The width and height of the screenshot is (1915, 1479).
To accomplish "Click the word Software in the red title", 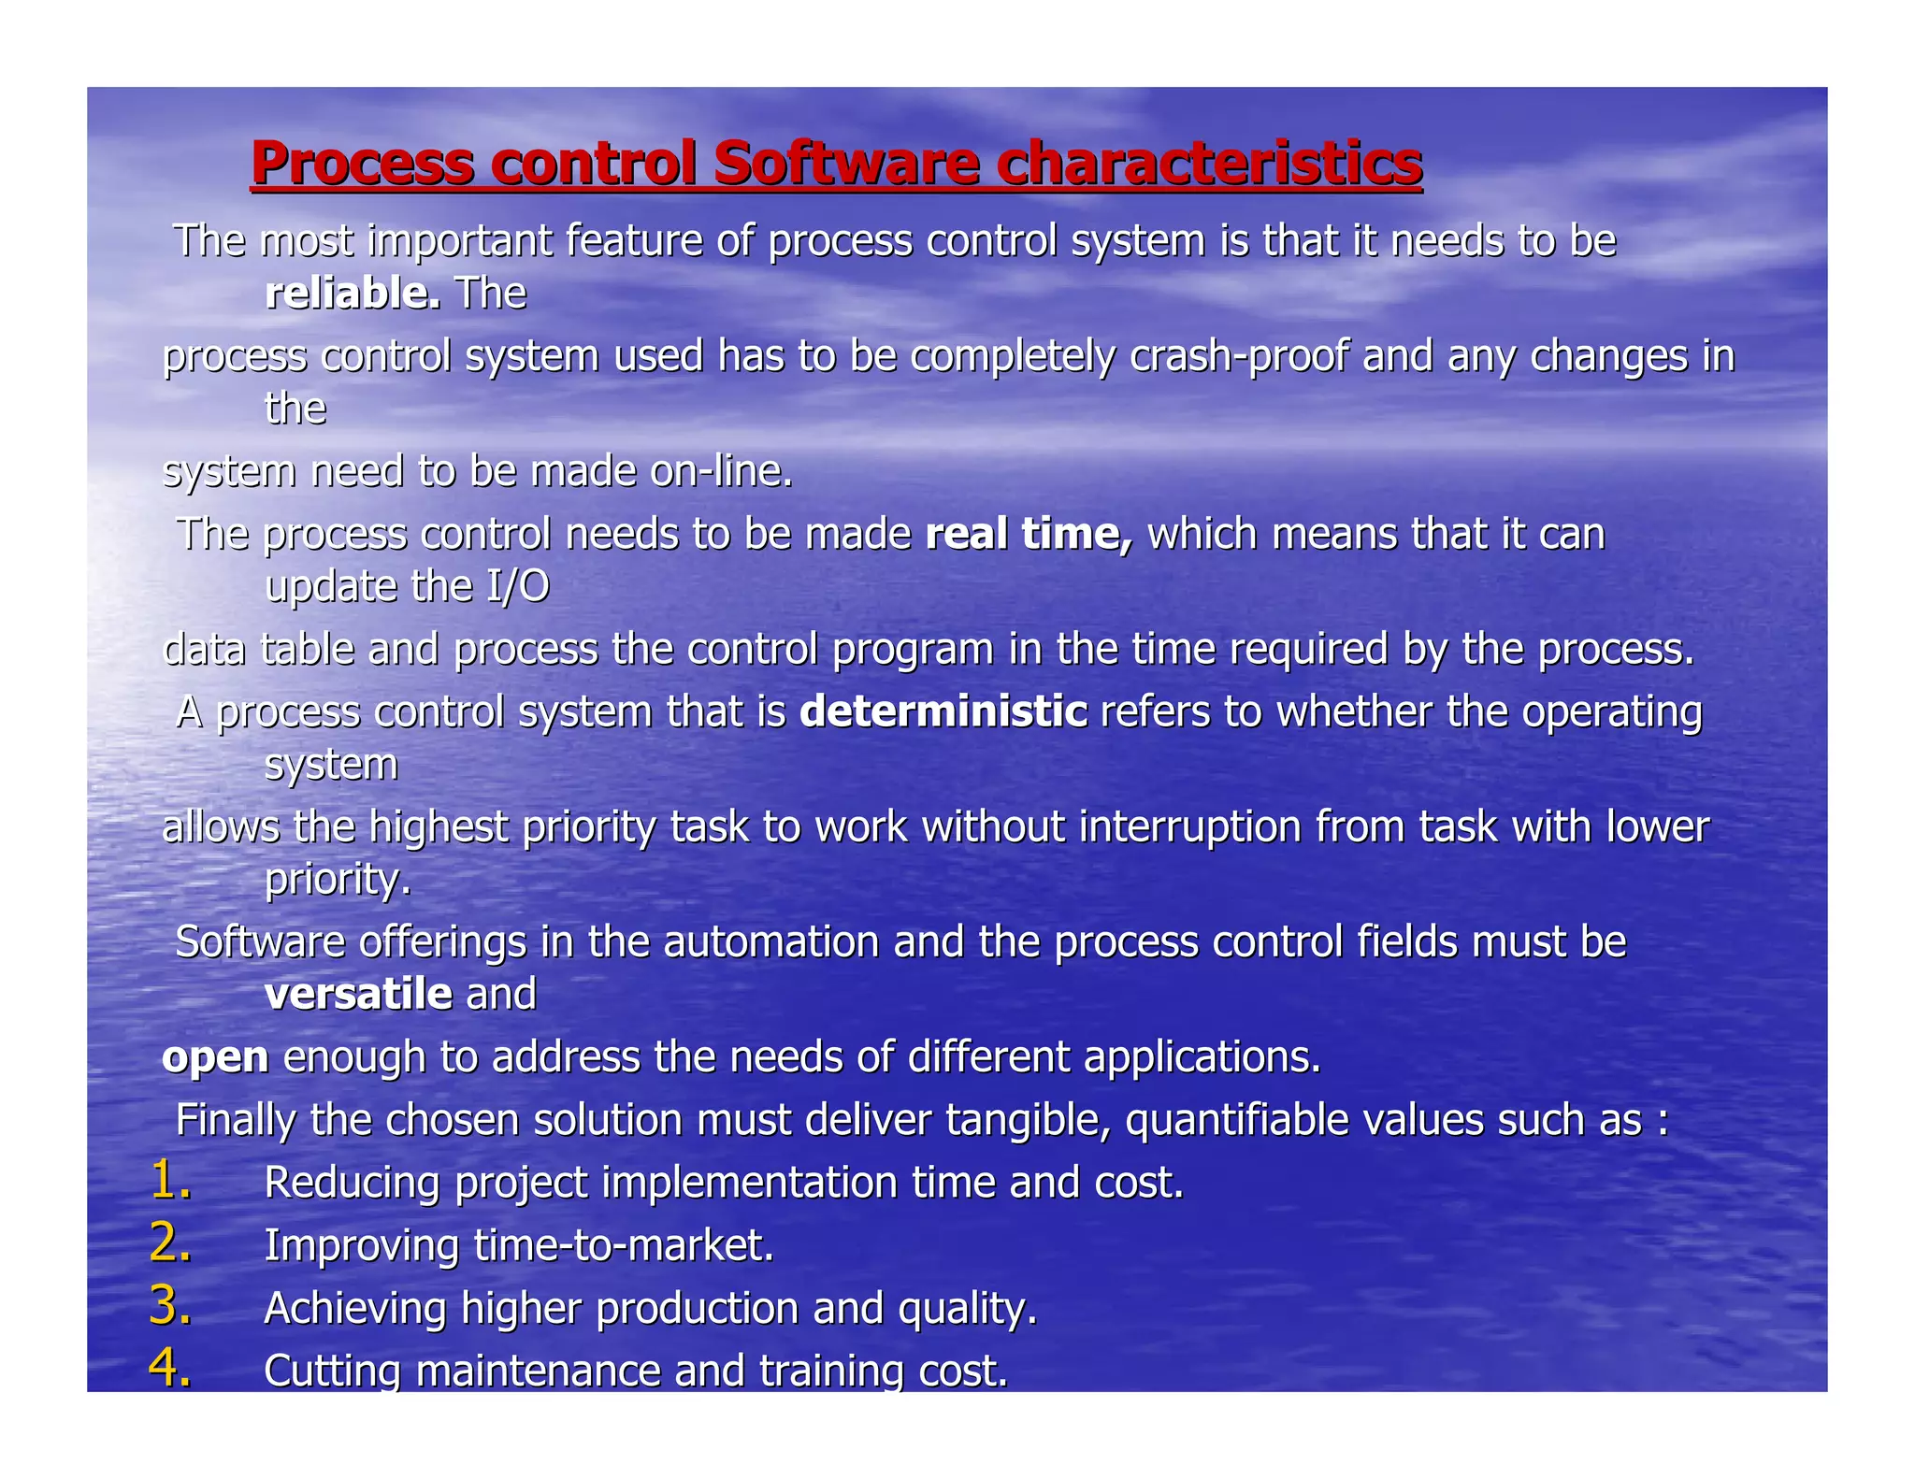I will (846, 164).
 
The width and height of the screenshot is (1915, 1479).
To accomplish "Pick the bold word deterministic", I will (943, 711).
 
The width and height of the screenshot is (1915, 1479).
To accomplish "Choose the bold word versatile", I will (359, 993).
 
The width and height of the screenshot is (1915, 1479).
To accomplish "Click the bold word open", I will (215, 1057).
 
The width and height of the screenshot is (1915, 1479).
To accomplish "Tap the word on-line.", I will (721, 471).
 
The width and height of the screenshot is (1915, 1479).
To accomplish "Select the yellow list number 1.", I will (170, 1180).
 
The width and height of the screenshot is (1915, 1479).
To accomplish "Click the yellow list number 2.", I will (170, 1243).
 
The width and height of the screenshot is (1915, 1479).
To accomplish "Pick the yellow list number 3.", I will (170, 1306).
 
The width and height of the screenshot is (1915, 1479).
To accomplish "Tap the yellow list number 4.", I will (170, 1368).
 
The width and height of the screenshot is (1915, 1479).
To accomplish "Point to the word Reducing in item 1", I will (352, 1183).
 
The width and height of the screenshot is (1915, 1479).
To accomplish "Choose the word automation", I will (771, 941).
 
